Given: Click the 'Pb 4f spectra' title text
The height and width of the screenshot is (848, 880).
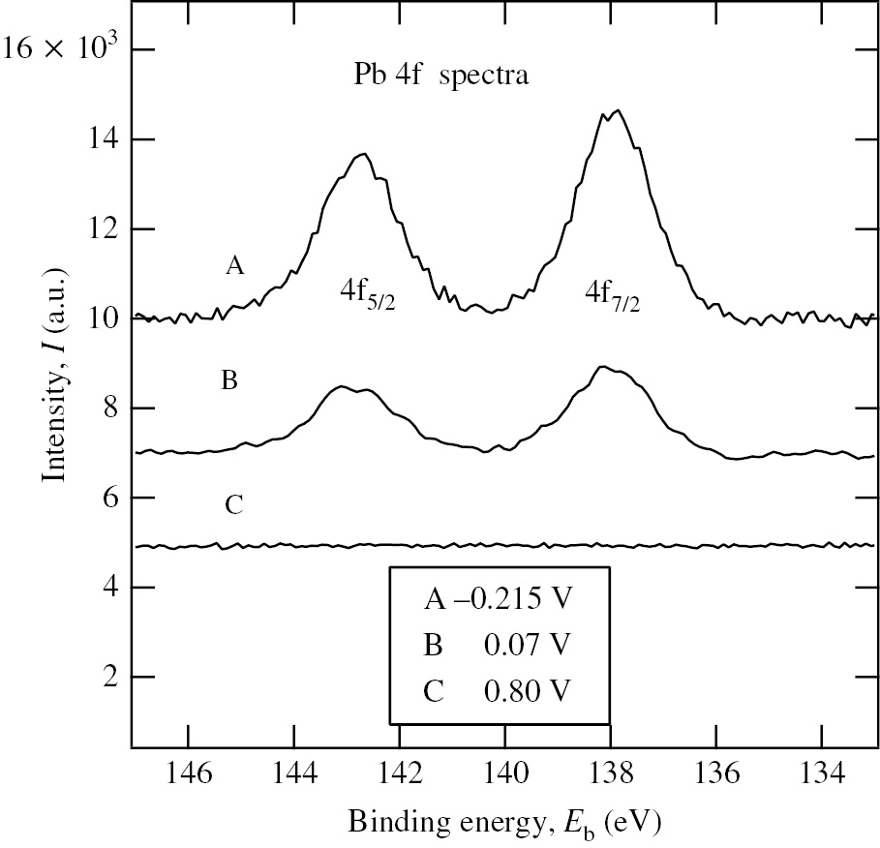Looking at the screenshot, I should pos(440,76).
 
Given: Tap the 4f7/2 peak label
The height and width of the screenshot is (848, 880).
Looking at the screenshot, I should pos(613,294).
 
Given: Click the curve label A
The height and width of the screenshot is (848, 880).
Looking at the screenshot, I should pos(233,265).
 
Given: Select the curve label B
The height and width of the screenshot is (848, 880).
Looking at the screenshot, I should pos(230,380).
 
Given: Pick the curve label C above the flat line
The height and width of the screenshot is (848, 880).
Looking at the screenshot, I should pos(232,504).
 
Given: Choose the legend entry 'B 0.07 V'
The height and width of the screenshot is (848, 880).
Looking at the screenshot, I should pos(498,645).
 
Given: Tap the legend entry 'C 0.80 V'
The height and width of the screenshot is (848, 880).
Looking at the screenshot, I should pos(498,691).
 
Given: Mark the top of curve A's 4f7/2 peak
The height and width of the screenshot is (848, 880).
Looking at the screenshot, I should pos(617,110).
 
